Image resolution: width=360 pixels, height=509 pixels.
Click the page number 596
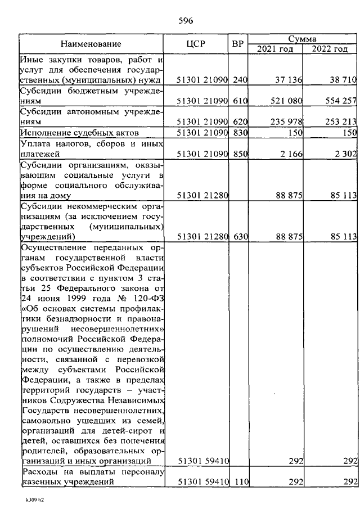186,21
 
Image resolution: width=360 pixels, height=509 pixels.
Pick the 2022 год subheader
330,48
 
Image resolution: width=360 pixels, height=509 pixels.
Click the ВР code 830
240,133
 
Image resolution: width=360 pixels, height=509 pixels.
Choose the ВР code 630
240,237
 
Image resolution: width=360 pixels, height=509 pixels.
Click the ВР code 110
240,482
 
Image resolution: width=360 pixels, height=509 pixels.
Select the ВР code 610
240,101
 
